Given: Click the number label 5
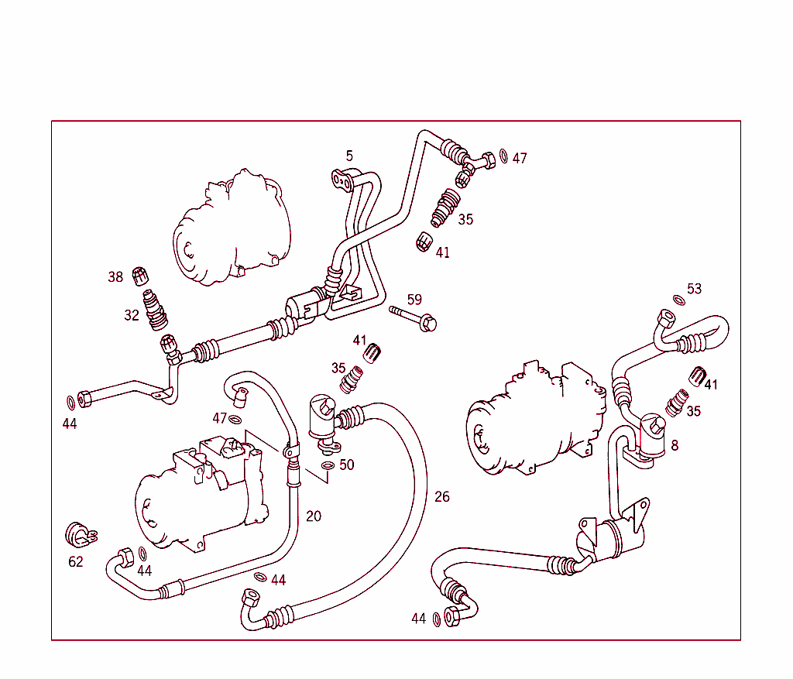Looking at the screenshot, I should click(349, 156).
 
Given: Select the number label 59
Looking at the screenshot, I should click(414, 300).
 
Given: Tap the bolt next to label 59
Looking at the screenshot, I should click(414, 316).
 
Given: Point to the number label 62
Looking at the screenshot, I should click(75, 561).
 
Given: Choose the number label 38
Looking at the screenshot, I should click(115, 276).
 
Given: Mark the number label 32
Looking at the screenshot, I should click(132, 315).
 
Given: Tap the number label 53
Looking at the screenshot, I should click(694, 289).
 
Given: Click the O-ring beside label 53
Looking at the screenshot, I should click(678, 300).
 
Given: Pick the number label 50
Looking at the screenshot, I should click(346, 465).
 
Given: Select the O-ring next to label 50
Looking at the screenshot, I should click(328, 466).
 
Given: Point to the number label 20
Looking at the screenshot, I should click(314, 516).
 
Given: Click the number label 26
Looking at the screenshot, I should click(441, 496).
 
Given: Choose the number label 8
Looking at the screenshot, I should click(675, 445).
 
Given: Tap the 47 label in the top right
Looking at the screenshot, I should click(519, 158).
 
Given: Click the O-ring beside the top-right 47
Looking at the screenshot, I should click(504, 156).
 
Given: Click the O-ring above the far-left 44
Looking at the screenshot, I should click(70, 402).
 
